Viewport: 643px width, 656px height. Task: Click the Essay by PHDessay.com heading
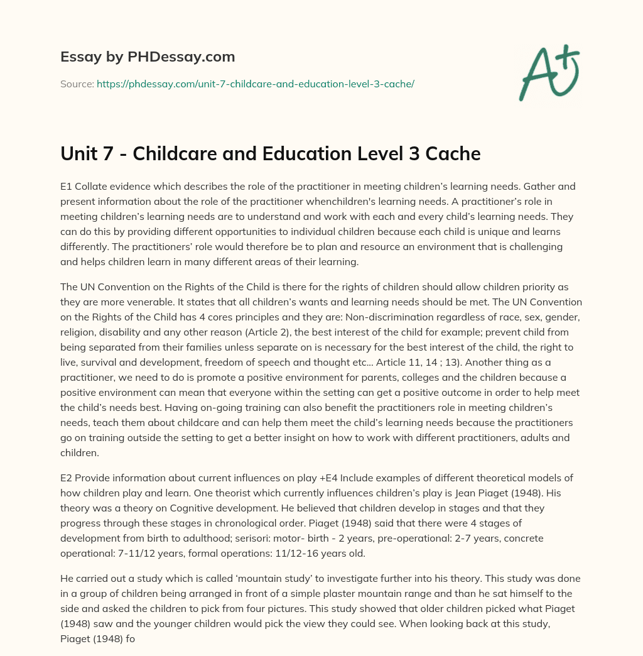[148, 57]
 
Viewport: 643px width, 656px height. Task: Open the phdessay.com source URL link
[255, 84]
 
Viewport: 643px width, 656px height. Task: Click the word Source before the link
[77, 84]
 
